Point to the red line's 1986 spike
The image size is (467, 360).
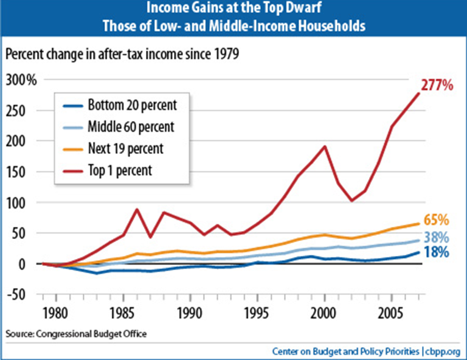[137, 209]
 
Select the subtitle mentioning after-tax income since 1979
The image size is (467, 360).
[121, 53]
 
